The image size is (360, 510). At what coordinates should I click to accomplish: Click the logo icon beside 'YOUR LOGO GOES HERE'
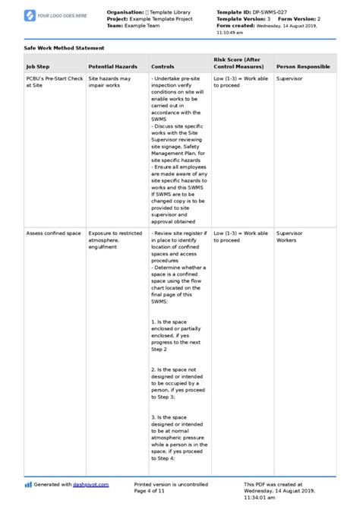[30, 15]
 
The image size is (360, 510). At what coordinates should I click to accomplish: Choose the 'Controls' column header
[163, 67]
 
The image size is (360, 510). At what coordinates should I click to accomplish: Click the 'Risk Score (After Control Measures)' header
[239, 63]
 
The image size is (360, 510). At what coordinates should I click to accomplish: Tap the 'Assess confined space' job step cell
[52, 233]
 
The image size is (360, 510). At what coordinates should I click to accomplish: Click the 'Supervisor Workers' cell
[289, 236]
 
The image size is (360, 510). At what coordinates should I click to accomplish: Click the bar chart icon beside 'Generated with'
[28, 484]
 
